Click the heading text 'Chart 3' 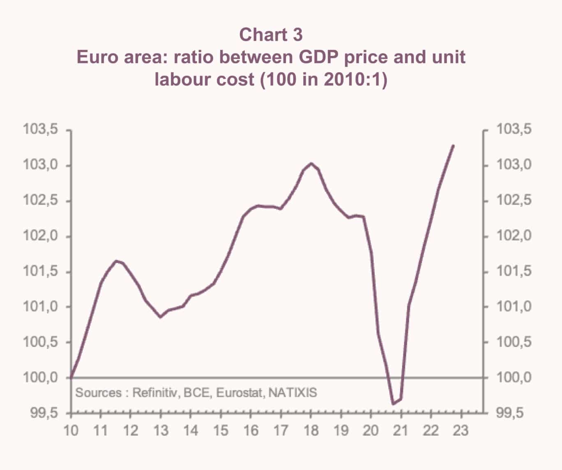(x=271, y=35)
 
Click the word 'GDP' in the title (x=317, y=57)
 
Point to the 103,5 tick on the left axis (x=41, y=130)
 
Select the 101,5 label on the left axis (x=41, y=272)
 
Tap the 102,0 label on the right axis (x=514, y=236)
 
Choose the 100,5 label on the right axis (x=514, y=342)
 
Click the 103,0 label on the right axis (x=514, y=165)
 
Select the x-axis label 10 (x=71, y=431)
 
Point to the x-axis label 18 (x=311, y=431)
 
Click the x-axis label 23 (x=461, y=431)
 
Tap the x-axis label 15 (x=221, y=431)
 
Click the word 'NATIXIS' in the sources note (x=293, y=393)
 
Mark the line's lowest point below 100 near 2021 (x=393, y=404)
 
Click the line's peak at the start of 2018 (x=311, y=164)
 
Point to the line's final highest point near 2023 (x=453, y=145)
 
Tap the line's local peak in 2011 (x=116, y=261)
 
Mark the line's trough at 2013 (x=161, y=317)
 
